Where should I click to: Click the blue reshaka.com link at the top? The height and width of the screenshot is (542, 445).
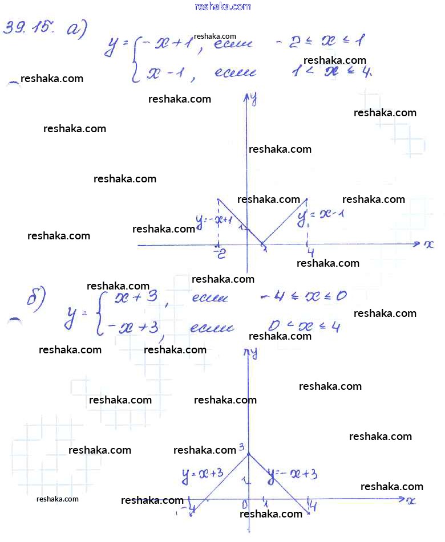coord(222,6)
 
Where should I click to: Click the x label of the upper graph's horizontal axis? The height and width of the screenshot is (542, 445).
coord(428,244)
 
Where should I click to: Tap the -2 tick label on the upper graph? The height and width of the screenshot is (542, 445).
coord(219,253)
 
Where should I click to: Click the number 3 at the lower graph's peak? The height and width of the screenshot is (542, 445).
coord(241,447)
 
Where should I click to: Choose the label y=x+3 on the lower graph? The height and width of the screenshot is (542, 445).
coord(202,474)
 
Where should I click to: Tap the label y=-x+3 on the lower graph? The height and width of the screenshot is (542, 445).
coord(292,474)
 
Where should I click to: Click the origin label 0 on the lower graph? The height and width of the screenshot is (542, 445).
coord(244,503)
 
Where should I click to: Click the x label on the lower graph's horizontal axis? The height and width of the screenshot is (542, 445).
coord(410,500)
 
